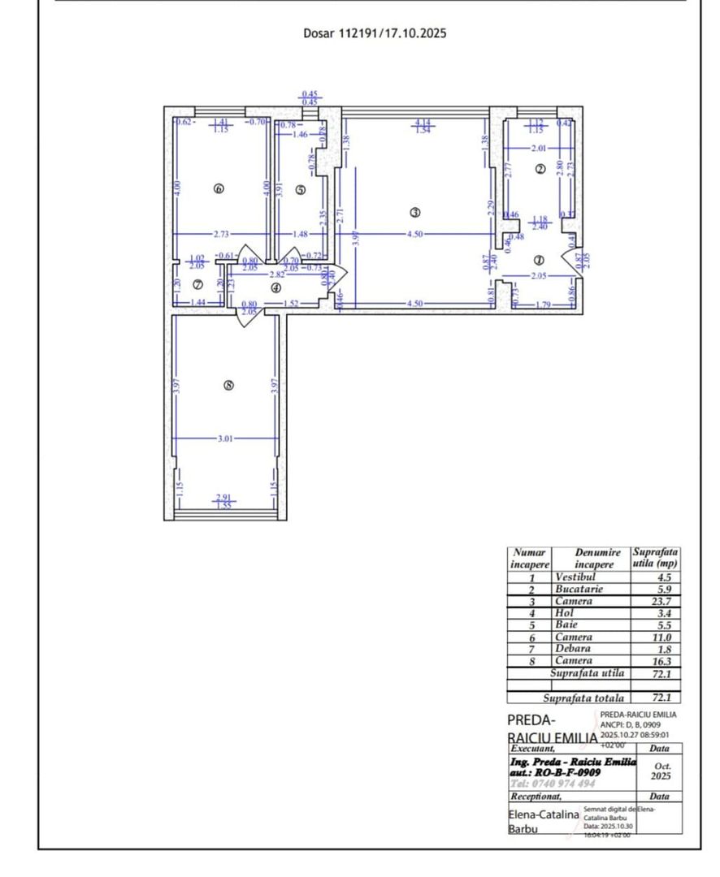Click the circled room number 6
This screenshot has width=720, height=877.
click(x=218, y=188)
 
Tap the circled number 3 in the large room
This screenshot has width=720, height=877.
click(x=414, y=213)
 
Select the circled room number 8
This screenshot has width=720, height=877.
click(x=228, y=386)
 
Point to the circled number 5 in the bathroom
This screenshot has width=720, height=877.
click(x=300, y=189)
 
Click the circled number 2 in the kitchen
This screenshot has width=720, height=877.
click(x=540, y=169)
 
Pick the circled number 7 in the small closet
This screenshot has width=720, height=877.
click(x=197, y=284)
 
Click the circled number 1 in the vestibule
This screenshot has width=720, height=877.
click(x=538, y=261)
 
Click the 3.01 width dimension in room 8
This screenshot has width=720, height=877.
click(x=225, y=438)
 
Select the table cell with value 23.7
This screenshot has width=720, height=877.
click(x=656, y=602)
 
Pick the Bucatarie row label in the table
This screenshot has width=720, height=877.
click(x=579, y=590)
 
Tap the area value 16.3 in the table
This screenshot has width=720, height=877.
click(x=656, y=661)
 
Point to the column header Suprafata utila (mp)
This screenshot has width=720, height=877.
click(x=656, y=558)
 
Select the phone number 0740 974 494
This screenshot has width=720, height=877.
click(x=552, y=784)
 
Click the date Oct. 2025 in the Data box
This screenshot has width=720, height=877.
click(x=661, y=771)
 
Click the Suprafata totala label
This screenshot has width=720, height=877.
click(x=584, y=698)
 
